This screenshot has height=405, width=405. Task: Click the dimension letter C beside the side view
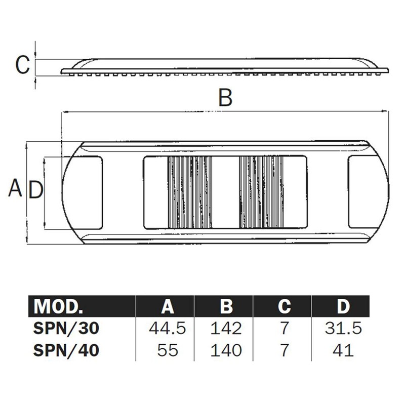tap(22, 65)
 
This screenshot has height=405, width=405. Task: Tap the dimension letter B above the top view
tap(225, 97)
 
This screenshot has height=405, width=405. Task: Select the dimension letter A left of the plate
tap(15, 188)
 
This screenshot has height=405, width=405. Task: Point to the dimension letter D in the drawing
tap(35, 190)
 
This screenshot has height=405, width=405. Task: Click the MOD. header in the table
tap(58, 307)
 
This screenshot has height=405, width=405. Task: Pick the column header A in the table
tap(168, 307)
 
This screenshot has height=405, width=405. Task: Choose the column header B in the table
tap(226, 307)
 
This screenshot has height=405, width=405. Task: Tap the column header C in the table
tap(285, 307)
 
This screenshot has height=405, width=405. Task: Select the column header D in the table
tap(343, 307)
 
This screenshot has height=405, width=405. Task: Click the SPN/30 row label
tap(66, 328)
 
